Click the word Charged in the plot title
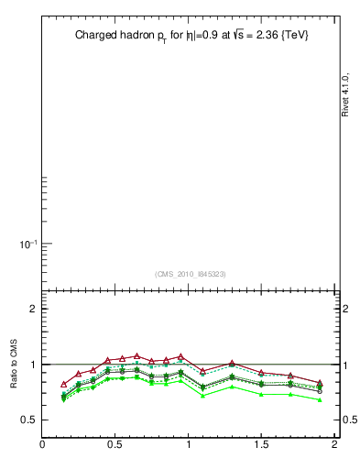tap(95, 36)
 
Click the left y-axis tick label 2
tap(32, 309)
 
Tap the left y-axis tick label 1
tap(32, 365)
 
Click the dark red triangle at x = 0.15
tap(64, 384)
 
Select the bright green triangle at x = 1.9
tap(320, 400)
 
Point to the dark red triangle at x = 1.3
tap(233, 364)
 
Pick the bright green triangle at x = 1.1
tap(203, 395)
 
